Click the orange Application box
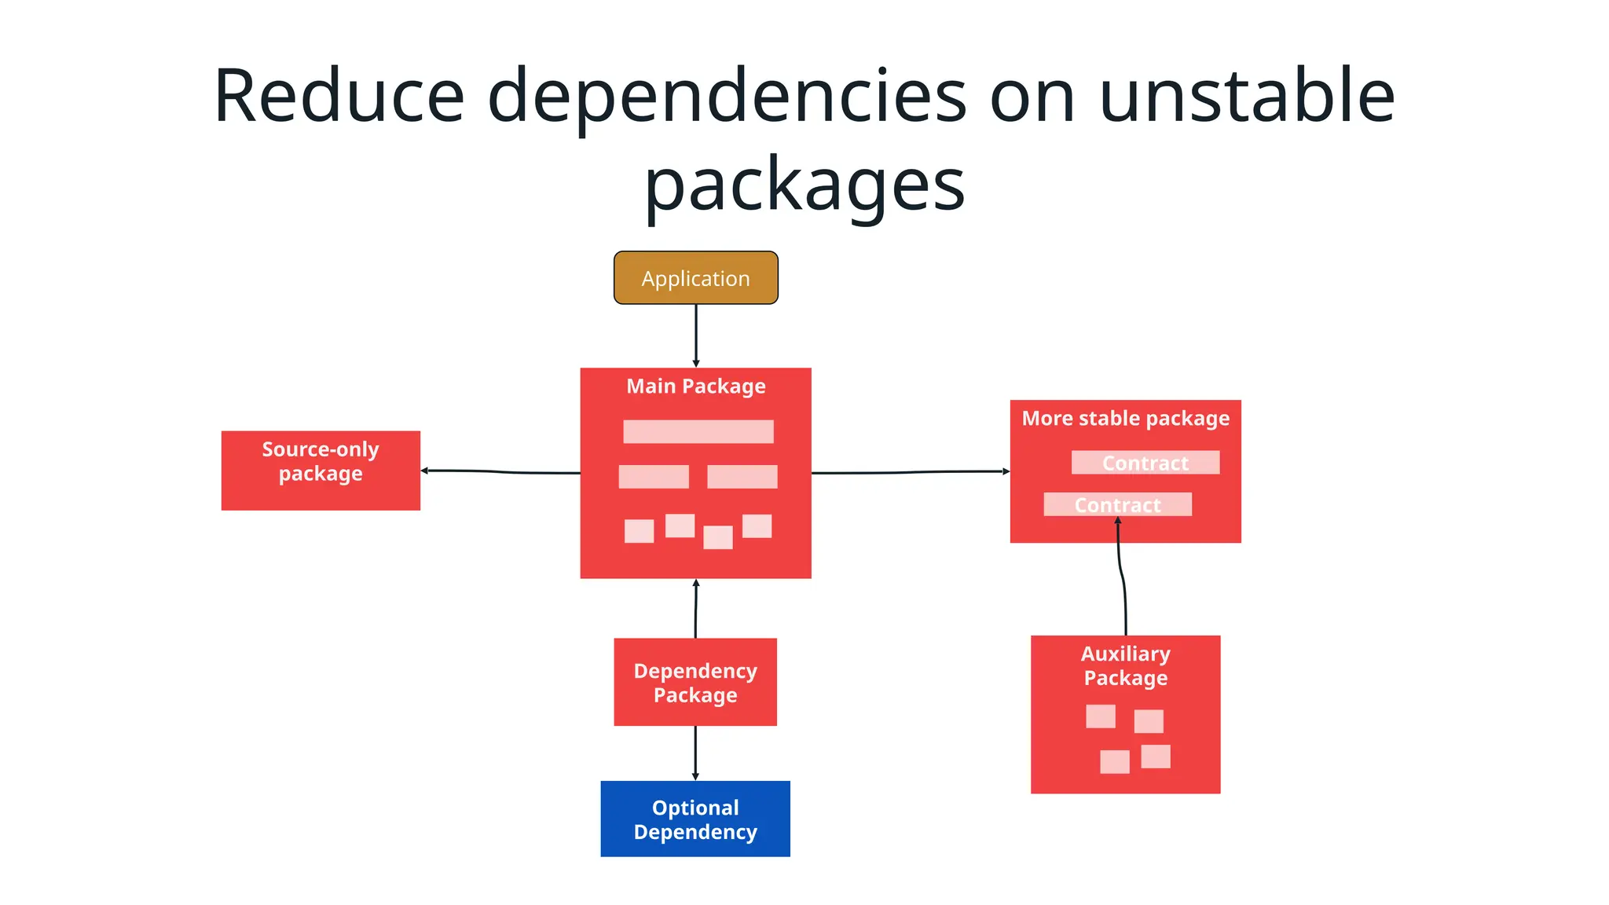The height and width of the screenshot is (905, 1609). tap(695, 278)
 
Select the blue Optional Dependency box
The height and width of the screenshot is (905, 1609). tap(695, 819)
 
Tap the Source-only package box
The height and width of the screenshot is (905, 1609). tap(321, 470)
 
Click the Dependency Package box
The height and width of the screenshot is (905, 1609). tap(695, 682)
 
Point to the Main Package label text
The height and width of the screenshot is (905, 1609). tap(695, 387)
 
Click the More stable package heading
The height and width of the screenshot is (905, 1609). tap(1125, 419)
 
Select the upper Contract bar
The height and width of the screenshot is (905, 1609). tap(1145, 463)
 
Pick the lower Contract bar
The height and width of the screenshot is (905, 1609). tap(1117, 505)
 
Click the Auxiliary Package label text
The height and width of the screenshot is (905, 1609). tap(1125, 665)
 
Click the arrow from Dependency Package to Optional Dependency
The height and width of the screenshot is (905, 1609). tap(695, 753)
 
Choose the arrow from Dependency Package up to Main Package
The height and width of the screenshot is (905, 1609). tap(696, 609)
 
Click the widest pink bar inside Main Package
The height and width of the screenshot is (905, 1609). tap(698, 431)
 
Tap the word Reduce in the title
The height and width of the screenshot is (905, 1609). tap(339, 96)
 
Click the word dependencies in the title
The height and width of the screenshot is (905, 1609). tap(727, 96)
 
